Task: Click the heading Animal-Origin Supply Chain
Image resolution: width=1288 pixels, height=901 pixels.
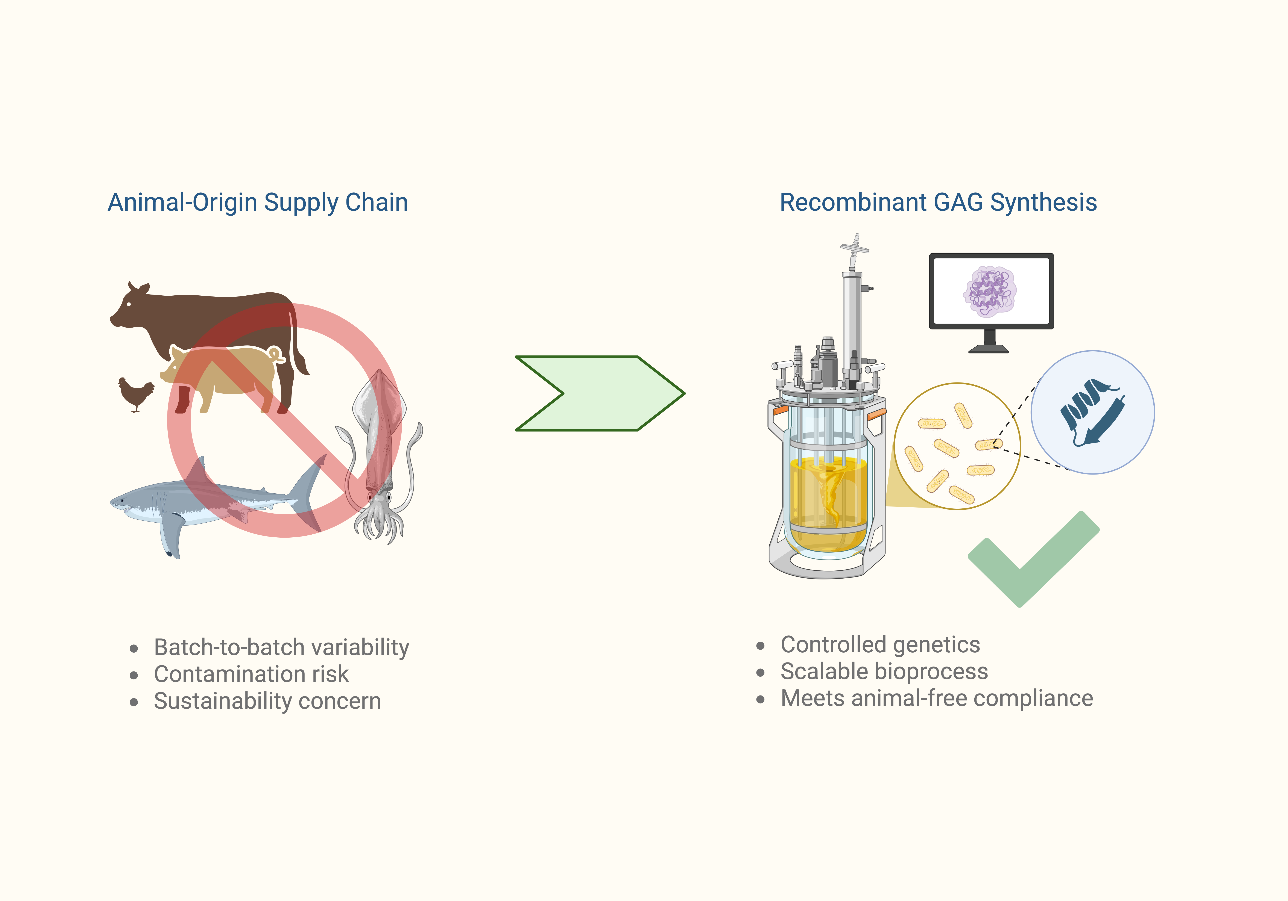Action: coord(257,202)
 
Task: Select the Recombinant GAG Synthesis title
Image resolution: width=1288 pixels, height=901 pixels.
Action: coord(938,202)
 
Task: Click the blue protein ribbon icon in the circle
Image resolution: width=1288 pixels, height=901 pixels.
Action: coord(1091,412)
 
